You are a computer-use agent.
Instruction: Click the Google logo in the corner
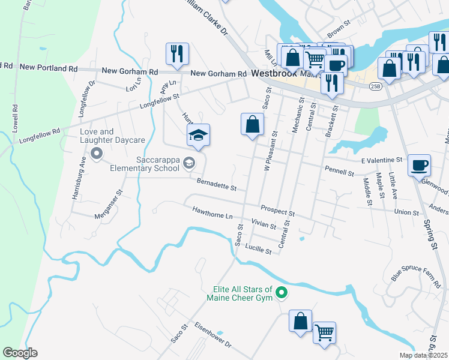(20, 353)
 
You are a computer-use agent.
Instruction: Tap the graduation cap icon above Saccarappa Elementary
(198, 135)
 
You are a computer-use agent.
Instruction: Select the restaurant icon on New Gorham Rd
(177, 53)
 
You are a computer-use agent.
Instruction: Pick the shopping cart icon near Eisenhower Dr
(324, 332)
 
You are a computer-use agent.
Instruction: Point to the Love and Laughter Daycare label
(113, 136)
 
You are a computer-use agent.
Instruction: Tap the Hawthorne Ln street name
(212, 212)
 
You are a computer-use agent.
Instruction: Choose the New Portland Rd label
(49, 68)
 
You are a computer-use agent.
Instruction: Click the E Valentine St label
(381, 160)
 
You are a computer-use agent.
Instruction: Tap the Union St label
(406, 212)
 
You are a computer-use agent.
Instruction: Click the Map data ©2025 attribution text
(423, 355)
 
